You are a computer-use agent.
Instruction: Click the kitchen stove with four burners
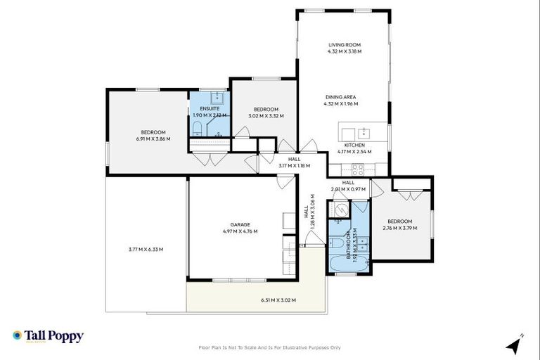[357, 169]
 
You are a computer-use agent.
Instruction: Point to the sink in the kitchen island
[364, 132]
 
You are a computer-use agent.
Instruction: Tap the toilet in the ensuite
[198, 129]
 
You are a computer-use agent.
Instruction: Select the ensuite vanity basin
[218, 97]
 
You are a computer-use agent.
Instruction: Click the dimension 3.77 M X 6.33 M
[146, 249]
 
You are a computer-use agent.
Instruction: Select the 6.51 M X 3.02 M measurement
[278, 300]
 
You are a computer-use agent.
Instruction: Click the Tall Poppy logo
[48, 336]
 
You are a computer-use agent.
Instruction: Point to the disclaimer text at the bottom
[270, 347]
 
